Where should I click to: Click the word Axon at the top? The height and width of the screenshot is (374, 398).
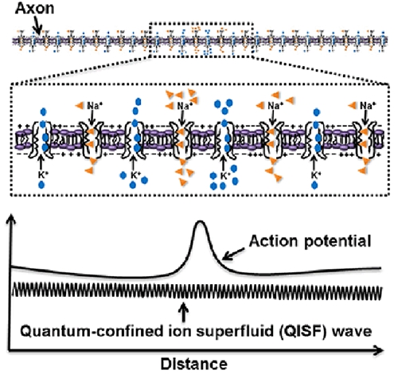(34, 8)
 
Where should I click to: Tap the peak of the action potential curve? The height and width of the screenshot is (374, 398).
(200, 221)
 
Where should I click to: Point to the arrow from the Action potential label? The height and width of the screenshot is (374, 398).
(233, 254)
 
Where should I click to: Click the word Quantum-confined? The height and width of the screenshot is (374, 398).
(92, 331)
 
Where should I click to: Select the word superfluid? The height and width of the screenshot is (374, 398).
(234, 331)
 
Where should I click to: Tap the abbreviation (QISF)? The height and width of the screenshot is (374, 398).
(303, 331)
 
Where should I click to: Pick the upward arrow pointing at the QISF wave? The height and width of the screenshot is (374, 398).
(185, 312)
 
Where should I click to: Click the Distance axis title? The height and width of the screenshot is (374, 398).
(194, 364)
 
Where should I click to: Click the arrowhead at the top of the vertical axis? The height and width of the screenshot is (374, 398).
(10, 219)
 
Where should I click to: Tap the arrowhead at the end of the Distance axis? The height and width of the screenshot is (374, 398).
(379, 350)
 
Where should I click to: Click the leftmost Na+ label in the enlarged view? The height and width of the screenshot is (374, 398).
(95, 106)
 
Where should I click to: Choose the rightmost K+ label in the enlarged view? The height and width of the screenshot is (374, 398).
(314, 175)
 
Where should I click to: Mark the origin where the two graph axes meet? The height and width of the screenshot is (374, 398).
(10, 350)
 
